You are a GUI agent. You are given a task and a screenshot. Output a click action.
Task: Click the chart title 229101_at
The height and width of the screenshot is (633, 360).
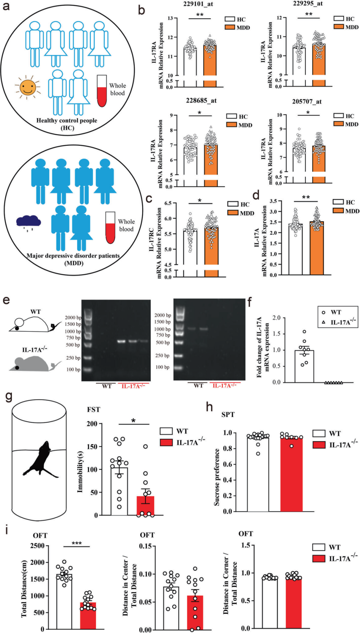point(198,4)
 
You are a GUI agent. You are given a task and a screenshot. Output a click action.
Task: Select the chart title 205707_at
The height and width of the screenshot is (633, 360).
point(307,101)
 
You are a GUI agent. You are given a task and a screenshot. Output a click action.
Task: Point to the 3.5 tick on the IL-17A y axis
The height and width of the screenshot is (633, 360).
point(274,201)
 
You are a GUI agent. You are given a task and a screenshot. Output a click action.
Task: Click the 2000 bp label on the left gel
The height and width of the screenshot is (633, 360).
point(73,317)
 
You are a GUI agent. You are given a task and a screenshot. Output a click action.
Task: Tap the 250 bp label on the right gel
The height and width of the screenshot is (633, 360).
point(162,355)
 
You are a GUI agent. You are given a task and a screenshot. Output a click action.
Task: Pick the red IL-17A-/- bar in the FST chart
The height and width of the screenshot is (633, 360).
point(145,506)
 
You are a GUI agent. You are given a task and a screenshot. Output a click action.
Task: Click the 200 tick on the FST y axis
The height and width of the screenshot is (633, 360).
point(92,424)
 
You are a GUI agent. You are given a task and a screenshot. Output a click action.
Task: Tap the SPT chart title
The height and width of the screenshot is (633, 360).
point(228,414)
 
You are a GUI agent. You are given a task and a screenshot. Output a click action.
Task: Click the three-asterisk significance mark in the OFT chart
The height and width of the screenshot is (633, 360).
point(77,543)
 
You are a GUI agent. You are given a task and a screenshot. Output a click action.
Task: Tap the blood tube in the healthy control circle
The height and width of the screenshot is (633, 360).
point(102,91)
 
